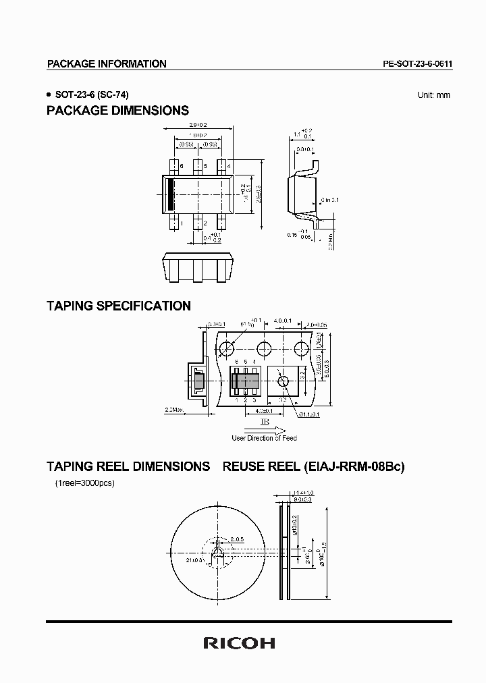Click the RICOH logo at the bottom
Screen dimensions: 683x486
239,644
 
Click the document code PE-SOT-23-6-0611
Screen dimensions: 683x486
416,64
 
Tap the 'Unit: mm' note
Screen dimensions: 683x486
433,95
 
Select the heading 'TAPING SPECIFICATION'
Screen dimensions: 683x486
118,306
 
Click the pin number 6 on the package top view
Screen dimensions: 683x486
181,166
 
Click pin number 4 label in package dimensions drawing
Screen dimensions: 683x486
230,166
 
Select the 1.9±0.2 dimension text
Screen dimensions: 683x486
197,134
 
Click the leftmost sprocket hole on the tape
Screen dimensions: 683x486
227,348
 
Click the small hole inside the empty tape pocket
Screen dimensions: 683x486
283,381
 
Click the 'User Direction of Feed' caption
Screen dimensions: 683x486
265,438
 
